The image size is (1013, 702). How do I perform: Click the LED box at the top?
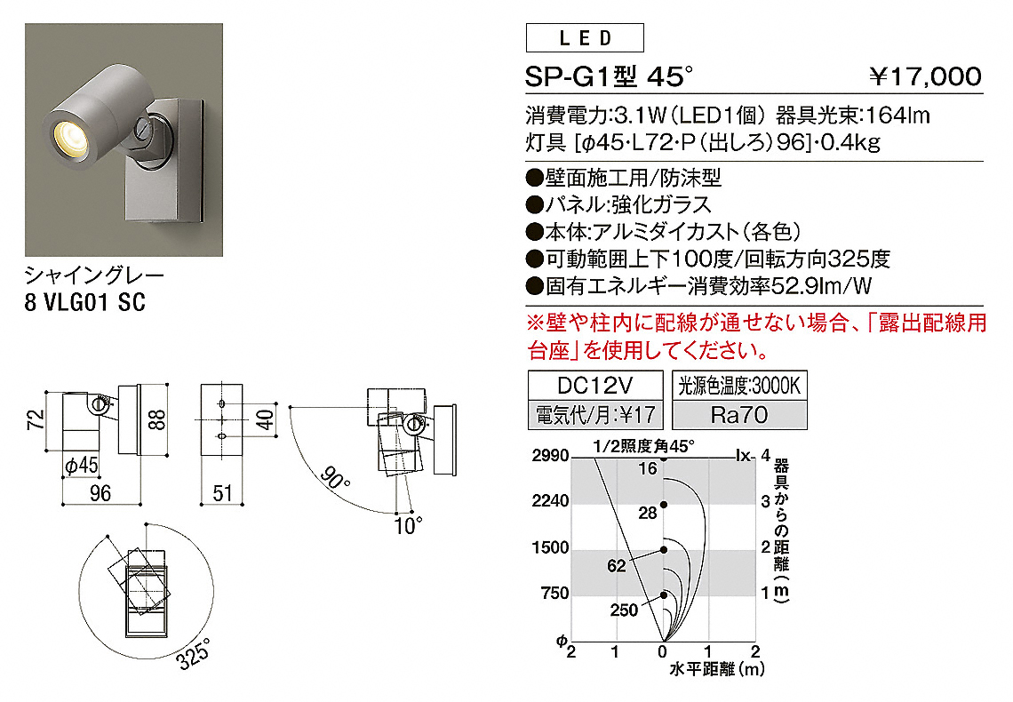[585, 37]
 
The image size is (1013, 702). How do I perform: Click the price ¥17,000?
[926, 76]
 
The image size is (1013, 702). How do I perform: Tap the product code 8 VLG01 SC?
[85, 302]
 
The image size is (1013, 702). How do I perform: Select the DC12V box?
[595, 386]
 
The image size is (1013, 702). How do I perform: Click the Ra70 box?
[739, 415]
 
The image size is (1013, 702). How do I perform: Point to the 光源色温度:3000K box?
[739, 386]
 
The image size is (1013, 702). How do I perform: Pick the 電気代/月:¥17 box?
[595, 415]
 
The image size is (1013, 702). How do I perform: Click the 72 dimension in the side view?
[36, 419]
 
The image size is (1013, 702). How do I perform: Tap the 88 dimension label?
[157, 419]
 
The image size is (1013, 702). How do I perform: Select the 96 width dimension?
[100, 493]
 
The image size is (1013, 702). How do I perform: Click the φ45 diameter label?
[82, 465]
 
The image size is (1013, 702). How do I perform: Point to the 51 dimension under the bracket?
[222, 493]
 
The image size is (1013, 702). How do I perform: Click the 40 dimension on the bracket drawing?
[266, 419]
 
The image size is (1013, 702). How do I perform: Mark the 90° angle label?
[335, 478]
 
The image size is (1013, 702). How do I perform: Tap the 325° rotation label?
[194, 653]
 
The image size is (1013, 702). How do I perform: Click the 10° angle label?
[408, 526]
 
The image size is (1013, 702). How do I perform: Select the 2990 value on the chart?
[550, 455]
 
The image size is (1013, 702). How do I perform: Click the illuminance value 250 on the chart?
[624, 610]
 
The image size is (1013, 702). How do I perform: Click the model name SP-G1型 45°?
[609, 76]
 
